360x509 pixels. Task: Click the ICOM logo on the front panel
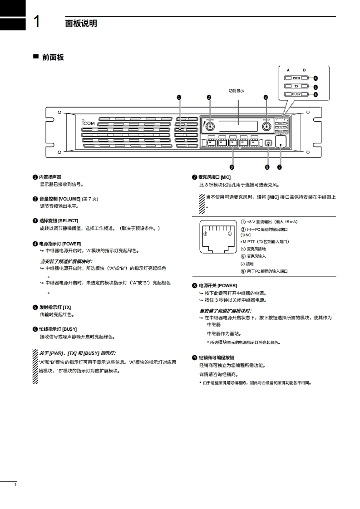[89, 122]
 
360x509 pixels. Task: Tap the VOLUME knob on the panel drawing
[210, 125]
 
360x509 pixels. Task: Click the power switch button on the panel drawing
[267, 143]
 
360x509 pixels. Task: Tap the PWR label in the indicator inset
[296, 78]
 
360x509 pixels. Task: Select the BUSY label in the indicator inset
[296, 94]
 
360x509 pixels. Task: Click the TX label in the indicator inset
[296, 86]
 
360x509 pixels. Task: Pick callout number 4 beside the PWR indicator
[316, 78]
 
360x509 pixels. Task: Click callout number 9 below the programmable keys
[232, 166]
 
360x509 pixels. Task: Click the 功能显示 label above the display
[237, 91]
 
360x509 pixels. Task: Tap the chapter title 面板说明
[81, 23]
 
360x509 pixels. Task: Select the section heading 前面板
[53, 57]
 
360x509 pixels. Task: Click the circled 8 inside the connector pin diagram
[205, 234]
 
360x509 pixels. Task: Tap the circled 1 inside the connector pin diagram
[230, 234]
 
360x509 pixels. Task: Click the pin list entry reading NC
[248, 235]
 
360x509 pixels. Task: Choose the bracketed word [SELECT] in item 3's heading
[68, 220]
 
